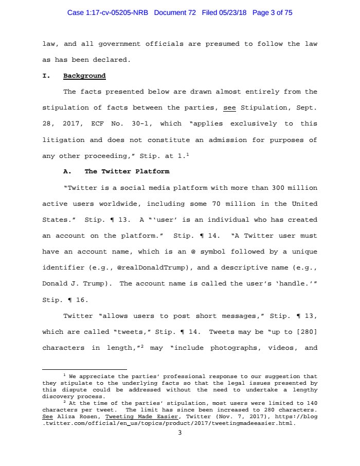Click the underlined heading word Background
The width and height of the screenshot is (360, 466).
coord(84,76)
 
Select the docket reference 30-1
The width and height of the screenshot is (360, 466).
coord(140,124)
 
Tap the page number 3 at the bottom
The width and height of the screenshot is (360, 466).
coord(179,433)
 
